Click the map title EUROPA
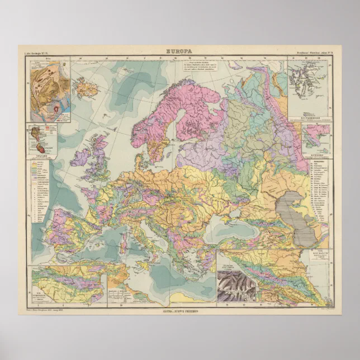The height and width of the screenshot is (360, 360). pos(180,51)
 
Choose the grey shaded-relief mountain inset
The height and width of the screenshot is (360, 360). pos(236,286)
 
